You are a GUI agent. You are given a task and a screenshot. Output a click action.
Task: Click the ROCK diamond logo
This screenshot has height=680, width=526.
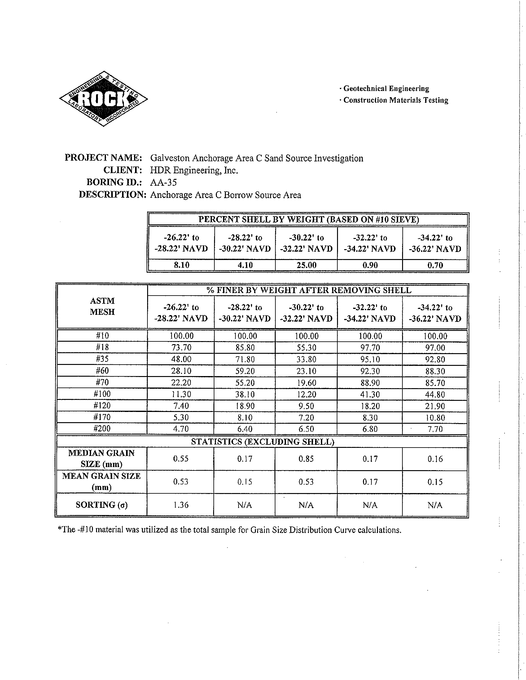103,99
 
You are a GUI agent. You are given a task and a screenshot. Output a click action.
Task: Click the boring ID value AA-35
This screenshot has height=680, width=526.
164,182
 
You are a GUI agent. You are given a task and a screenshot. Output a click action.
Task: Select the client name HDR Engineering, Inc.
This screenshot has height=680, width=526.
194,170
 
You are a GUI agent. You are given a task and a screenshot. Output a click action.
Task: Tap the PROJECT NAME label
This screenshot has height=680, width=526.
103,158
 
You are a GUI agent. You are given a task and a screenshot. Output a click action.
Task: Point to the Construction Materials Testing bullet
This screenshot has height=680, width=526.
394,100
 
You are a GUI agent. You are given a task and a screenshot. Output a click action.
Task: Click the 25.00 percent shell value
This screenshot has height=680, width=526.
306,265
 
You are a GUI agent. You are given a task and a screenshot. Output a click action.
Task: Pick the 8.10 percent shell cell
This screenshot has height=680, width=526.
181,265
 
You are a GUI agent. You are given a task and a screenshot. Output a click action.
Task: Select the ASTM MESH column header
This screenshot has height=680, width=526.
102,306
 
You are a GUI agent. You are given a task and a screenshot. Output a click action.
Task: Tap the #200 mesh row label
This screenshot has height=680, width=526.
102,429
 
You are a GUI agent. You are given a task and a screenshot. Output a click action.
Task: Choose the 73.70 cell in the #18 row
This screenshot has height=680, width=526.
181,348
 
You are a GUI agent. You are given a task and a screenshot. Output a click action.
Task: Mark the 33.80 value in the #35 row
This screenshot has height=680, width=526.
306,359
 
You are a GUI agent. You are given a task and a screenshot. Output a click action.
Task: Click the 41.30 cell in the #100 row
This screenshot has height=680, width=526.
370,395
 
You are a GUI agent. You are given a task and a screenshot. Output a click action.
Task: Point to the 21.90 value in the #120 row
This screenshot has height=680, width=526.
435,406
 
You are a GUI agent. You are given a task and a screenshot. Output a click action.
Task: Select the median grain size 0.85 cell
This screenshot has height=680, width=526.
306,459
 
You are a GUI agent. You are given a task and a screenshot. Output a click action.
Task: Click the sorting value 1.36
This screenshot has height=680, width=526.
181,505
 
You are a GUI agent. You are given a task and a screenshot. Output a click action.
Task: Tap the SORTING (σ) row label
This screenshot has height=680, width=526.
102,505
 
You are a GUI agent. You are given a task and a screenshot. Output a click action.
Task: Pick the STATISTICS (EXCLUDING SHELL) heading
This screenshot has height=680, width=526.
262,442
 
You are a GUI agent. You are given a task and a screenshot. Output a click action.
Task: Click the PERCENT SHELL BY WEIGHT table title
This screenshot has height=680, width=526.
309,219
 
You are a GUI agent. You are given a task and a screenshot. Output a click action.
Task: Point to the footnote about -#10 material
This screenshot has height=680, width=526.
229,530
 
